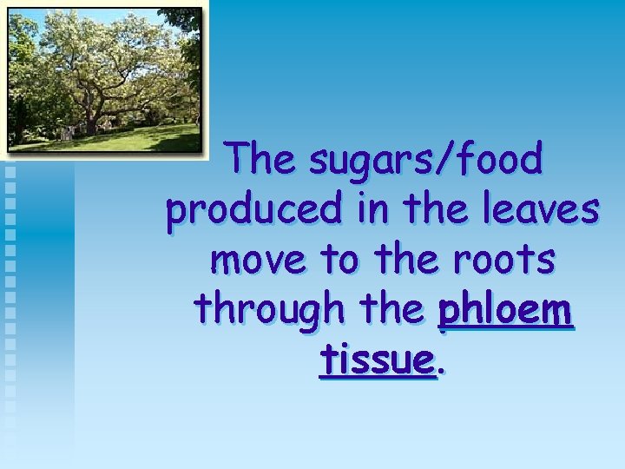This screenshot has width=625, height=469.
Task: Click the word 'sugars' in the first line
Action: click(371, 161)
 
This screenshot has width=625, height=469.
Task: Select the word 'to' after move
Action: click(338, 260)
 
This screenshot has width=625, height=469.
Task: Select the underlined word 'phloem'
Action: click(505, 310)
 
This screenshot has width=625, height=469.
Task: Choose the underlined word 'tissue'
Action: click(376, 360)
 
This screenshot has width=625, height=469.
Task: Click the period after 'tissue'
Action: click(440, 370)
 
